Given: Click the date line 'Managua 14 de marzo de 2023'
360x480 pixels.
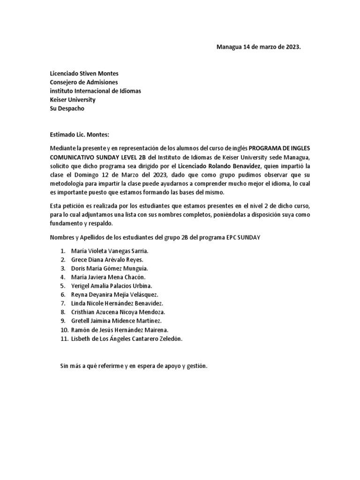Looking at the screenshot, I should pos(257,47).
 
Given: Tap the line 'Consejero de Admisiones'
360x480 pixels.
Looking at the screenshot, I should pos(84,82).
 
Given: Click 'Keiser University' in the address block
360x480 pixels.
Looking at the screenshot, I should pos(73,100).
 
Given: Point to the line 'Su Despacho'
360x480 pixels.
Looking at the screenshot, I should pos(67,108).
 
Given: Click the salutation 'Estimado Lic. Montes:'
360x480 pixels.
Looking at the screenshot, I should pos(79,135).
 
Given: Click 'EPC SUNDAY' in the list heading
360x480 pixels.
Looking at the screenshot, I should pos(244,238).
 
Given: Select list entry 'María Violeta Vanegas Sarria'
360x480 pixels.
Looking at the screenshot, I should pos(109,251).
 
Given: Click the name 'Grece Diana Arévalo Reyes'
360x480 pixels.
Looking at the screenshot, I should pos(107,260).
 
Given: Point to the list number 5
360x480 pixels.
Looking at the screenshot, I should pos(62,286).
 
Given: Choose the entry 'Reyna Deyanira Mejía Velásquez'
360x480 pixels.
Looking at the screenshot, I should pos(114,294).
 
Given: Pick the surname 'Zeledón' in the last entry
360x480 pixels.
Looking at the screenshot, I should pos(169,338).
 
